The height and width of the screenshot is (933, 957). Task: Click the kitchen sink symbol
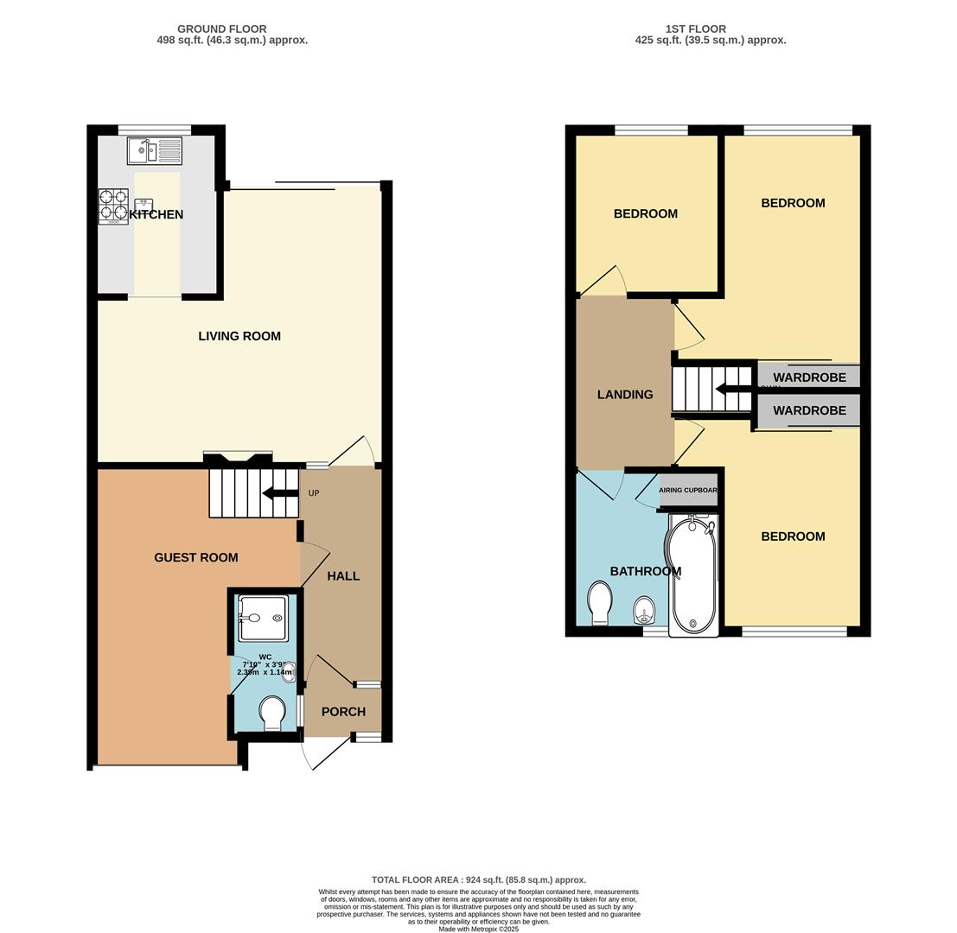[154, 151]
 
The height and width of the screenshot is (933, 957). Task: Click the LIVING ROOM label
[239, 336]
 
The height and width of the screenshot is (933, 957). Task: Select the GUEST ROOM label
[195, 557]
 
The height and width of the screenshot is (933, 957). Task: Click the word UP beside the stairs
[314, 493]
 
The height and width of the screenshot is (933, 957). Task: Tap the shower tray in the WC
[263, 618]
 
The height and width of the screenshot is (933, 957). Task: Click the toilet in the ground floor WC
[272, 714]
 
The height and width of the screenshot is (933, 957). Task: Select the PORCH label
[343, 712]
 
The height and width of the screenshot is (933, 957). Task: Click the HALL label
[343, 576]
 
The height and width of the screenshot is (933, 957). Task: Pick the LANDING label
[625, 395]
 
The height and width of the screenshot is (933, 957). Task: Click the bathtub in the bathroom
[692, 575]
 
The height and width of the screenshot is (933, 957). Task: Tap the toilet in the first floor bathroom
[600, 602]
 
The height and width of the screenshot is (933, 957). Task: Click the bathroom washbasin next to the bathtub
[644, 610]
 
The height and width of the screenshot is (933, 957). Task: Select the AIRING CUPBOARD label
[688, 490]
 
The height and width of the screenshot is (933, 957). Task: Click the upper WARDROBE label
[809, 378]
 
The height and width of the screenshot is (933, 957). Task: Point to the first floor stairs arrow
[733, 389]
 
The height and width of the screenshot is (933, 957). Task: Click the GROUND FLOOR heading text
[222, 29]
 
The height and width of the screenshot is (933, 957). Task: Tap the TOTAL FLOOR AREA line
[478, 879]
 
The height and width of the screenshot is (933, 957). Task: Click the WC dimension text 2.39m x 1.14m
[265, 672]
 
